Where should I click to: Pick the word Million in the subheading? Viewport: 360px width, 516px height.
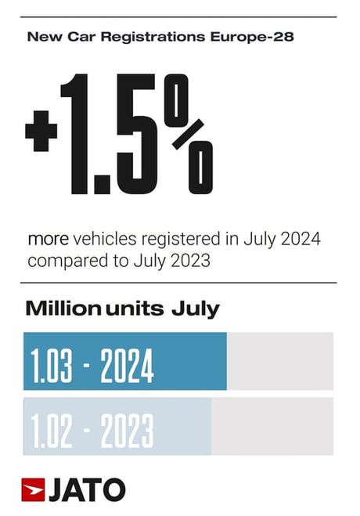point(63,309)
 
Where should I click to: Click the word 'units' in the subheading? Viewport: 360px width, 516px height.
point(134,309)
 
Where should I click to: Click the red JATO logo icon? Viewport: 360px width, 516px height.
point(34,489)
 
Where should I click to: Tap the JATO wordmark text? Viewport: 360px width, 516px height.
point(87,490)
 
